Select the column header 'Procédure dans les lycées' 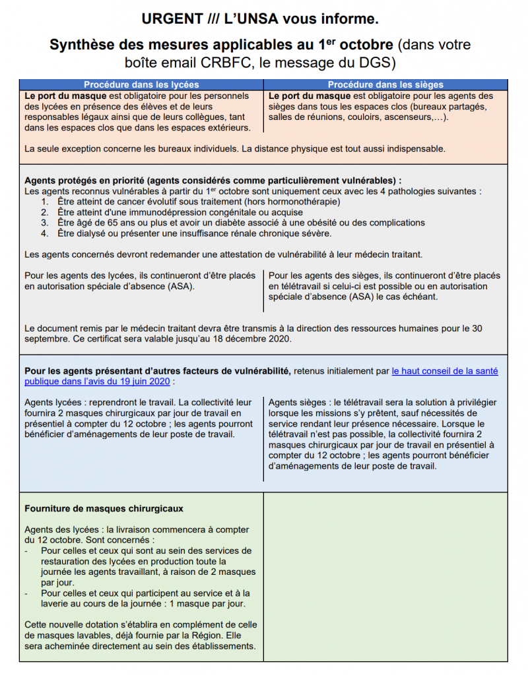141,84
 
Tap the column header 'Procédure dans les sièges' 385,84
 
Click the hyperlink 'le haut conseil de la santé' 445,371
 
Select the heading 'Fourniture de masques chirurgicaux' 104,509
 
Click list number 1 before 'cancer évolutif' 45,202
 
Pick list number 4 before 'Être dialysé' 45,233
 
